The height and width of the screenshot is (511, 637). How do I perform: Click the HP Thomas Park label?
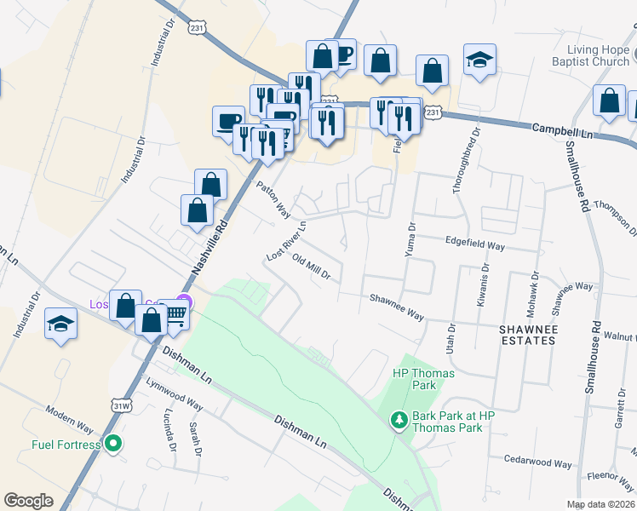click(423, 379)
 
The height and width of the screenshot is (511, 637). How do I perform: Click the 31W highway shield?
click(120, 406)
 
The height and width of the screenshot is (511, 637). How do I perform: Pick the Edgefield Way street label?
click(475, 244)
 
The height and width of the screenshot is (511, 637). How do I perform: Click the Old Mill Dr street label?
click(310, 267)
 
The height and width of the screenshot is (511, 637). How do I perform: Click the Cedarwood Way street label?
click(537, 464)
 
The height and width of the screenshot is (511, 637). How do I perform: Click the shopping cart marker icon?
click(175, 316)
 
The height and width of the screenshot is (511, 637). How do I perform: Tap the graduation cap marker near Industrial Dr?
click(61, 324)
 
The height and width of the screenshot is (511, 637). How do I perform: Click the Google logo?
click(28, 501)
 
